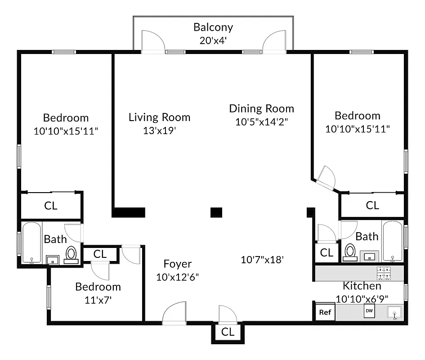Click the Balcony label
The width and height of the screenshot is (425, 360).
click(213, 27)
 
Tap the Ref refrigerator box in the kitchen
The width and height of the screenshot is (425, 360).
click(324, 312)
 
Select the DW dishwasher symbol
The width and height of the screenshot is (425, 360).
click(369, 311)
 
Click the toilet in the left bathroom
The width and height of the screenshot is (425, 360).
click(71, 254)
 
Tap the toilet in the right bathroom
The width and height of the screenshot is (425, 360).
click(350, 252)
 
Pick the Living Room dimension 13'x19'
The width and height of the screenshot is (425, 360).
click(159, 130)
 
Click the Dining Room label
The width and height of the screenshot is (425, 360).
click(261, 108)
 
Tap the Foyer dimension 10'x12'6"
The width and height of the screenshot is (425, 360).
click(177, 277)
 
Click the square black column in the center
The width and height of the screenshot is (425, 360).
click(216, 212)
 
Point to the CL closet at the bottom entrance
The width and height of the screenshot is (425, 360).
click(228, 333)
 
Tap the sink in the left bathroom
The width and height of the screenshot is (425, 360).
click(53, 260)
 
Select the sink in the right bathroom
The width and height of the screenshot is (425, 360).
click(370, 256)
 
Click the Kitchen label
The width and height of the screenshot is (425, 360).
click(362, 286)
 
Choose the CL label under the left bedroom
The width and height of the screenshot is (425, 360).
click(51, 206)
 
